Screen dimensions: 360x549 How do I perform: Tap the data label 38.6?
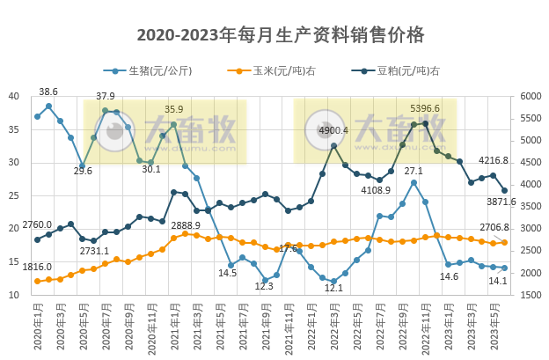[48, 92]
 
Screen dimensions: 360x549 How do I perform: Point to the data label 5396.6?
[425, 109]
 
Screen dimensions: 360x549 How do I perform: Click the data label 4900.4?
[333, 130]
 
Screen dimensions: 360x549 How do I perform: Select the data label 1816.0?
[37, 267]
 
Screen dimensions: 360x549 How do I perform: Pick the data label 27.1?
[414, 171]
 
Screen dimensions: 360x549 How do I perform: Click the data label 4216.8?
[494, 160]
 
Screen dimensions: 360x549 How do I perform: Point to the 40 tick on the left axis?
[15, 96]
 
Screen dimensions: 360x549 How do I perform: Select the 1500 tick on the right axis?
[531, 295]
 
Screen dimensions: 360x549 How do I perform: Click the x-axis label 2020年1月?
[37, 329]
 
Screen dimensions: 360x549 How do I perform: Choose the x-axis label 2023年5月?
[494, 329]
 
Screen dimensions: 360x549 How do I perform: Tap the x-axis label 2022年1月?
[311, 329]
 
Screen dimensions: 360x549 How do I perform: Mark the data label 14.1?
[498, 282]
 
